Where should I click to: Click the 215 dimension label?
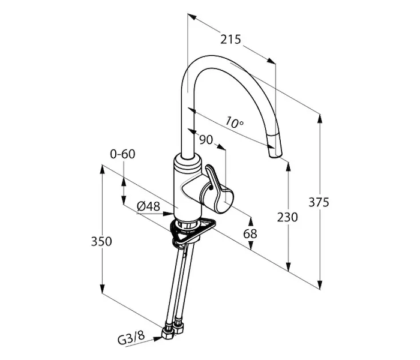coord(230,40)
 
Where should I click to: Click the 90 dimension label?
coord(206,140)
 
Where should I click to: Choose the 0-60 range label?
coord(122,154)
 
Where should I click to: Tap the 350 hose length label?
coord(101,241)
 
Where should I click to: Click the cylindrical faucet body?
coord(183,186)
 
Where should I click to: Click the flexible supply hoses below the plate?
coord(178,282)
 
